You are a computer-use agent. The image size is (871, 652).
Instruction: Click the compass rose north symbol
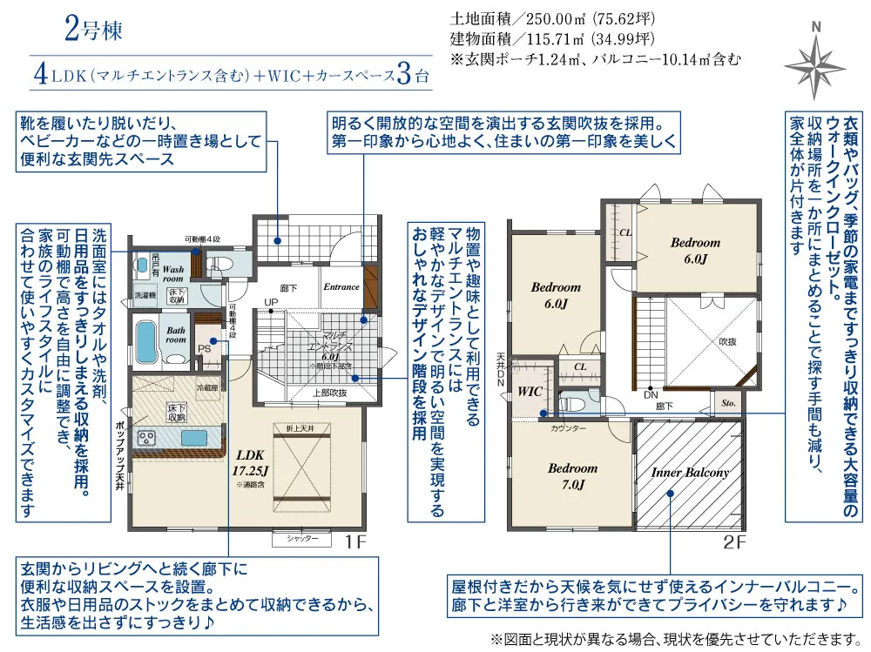[x=815, y=61]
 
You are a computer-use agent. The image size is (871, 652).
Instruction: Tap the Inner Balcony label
[x=690, y=473]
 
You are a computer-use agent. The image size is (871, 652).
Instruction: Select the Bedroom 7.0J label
[x=572, y=476]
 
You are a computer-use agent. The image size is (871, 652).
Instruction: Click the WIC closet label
[x=530, y=392]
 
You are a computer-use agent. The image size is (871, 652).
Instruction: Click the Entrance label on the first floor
[x=341, y=286]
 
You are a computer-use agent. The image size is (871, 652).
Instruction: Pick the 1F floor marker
[x=352, y=541]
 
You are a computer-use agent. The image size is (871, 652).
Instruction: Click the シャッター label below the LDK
[x=297, y=540]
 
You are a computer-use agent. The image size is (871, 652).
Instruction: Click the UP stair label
[x=272, y=303]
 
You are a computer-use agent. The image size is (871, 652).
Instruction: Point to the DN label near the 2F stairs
[x=651, y=394]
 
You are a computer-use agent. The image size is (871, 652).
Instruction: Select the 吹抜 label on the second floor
[x=730, y=341]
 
